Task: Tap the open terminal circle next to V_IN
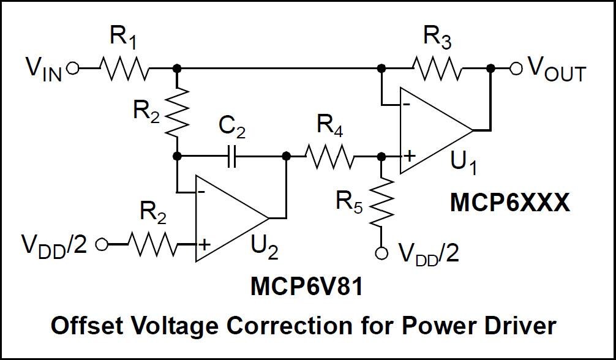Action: click(x=73, y=69)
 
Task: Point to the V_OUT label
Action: click(x=556, y=70)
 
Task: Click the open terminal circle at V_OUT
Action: click(x=516, y=69)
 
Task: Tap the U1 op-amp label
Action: click(x=464, y=163)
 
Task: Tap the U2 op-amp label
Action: click(x=265, y=248)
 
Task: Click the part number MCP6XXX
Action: click(x=509, y=203)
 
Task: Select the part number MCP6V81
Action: click(x=306, y=287)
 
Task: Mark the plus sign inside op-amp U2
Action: click(x=204, y=246)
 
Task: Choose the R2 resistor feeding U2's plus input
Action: click(x=151, y=245)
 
